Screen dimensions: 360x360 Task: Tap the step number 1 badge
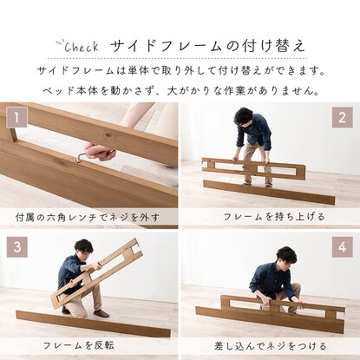tap(15, 115)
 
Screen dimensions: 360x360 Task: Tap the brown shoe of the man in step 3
tap(101, 312)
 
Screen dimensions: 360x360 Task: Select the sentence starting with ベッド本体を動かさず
tap(179, 88)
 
